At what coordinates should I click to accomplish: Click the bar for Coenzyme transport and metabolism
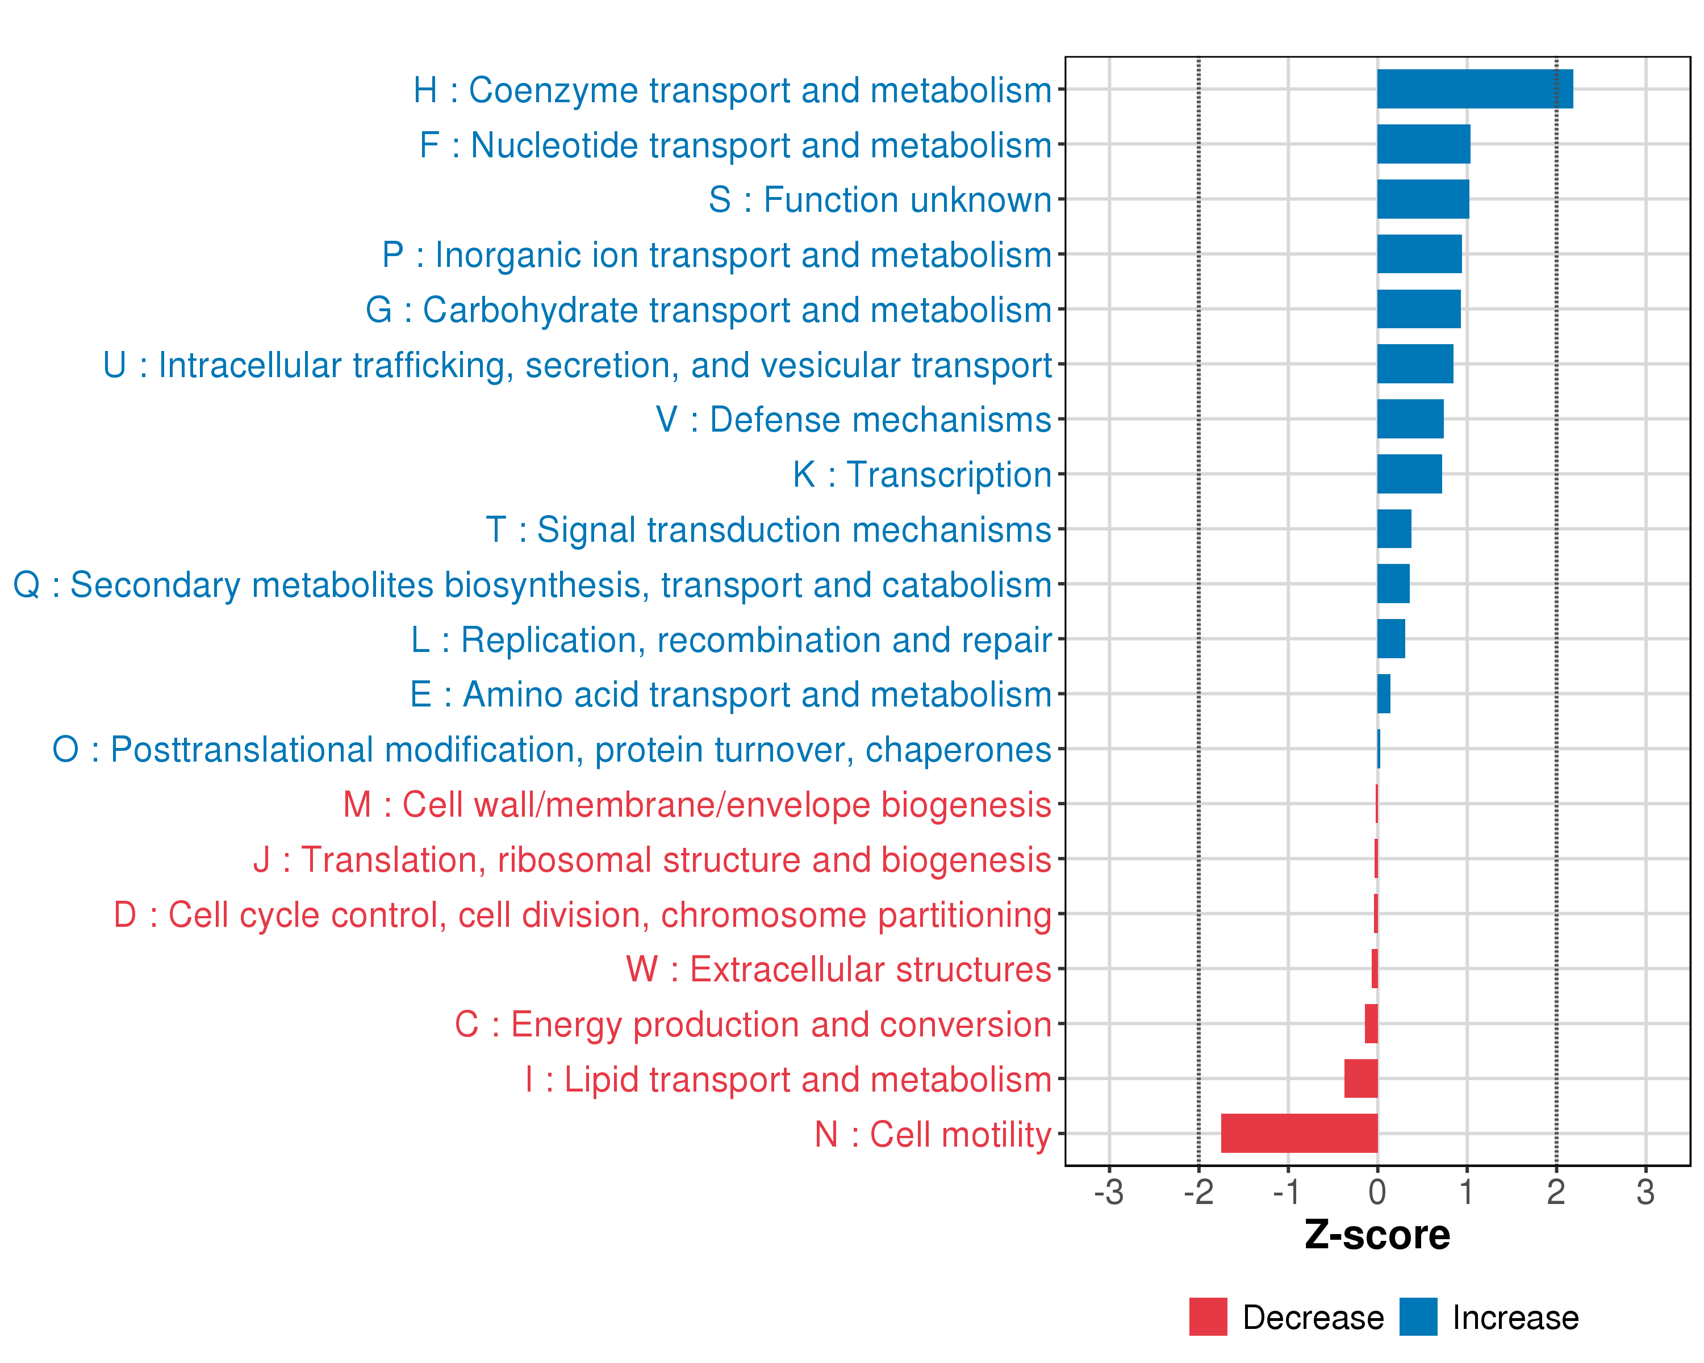1475,89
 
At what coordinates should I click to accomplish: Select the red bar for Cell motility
1300,1133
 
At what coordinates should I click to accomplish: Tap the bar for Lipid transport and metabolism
1361,1078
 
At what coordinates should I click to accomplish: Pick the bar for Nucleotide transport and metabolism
1423,144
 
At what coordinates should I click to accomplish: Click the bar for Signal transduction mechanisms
1394,529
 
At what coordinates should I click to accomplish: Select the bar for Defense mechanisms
1410,419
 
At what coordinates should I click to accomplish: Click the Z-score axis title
1377,1235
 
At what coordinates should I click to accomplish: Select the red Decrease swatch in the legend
1208,1317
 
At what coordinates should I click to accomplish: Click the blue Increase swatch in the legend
1418,1317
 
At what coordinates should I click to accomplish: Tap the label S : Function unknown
880,200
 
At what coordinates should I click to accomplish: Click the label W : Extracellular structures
838,969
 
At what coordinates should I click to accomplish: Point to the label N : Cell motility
933,1135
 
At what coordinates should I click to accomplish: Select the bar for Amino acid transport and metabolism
1384,694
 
